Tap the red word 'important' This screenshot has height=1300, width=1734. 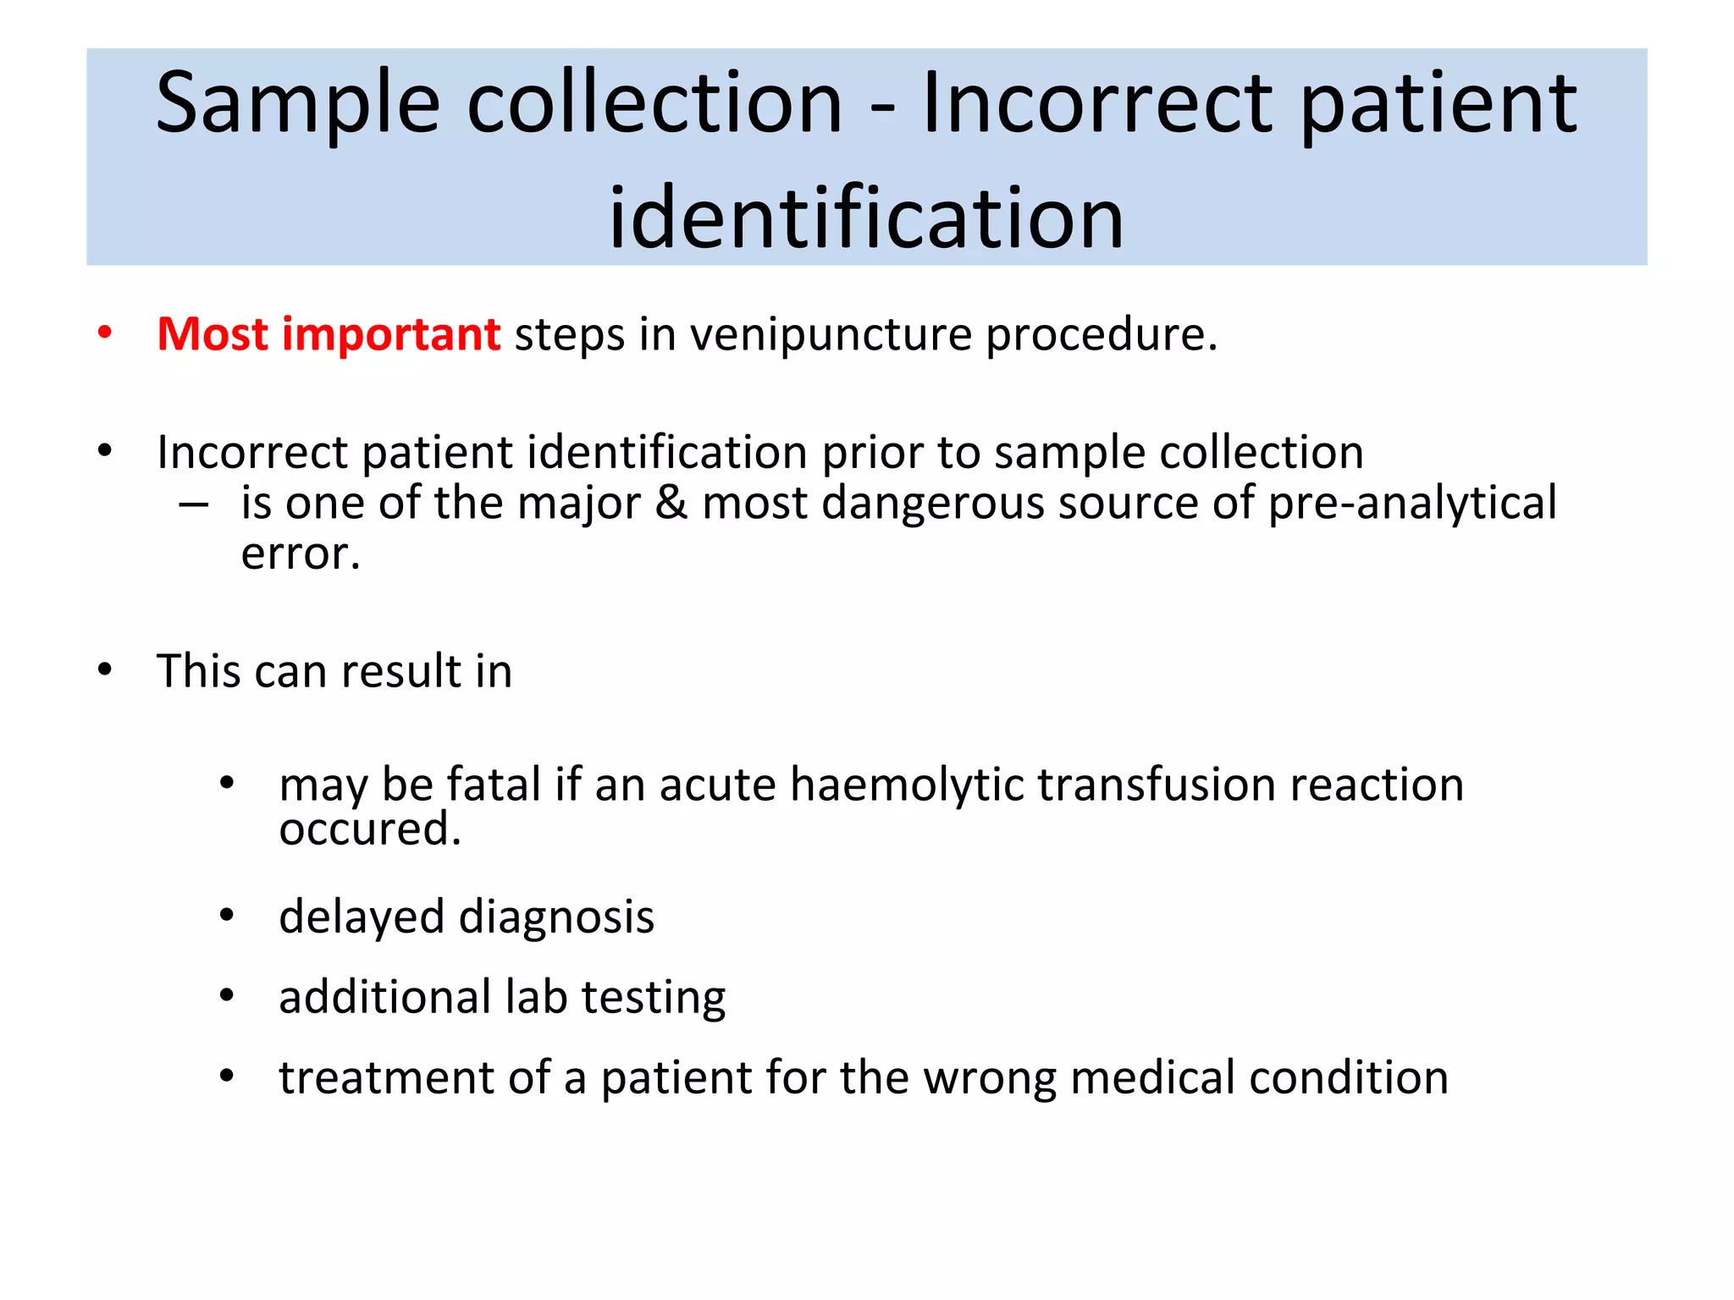coord(390,333)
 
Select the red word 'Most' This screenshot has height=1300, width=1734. coord(213,333)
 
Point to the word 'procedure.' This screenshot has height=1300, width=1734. coord(1102,335)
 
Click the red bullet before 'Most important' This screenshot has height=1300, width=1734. coord(105,333)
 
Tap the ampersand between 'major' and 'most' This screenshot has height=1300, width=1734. coord(671,503)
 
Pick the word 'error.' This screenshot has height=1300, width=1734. coord(301,555)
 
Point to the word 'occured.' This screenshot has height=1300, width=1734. coord(370,829)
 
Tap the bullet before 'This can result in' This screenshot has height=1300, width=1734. coord(105,670)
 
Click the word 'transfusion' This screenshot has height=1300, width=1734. coord(1157,785)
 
